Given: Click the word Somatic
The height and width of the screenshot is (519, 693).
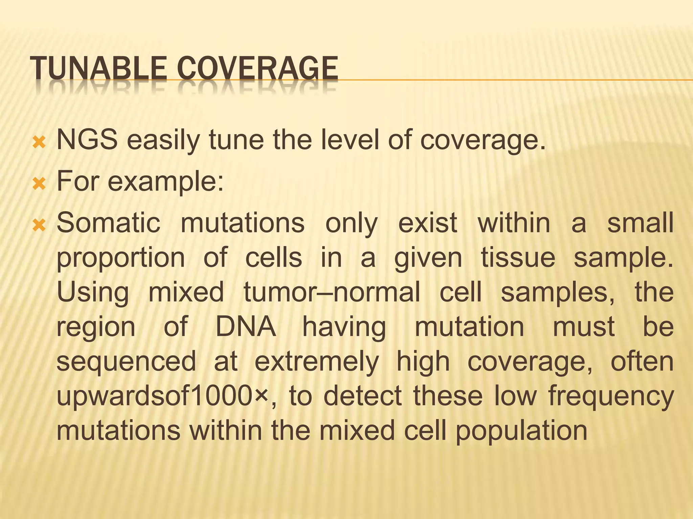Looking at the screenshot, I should coord(108,223).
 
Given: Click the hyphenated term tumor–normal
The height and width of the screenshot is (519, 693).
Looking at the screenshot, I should coord(332,292).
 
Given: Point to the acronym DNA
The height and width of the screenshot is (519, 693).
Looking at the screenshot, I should coord(246,327).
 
